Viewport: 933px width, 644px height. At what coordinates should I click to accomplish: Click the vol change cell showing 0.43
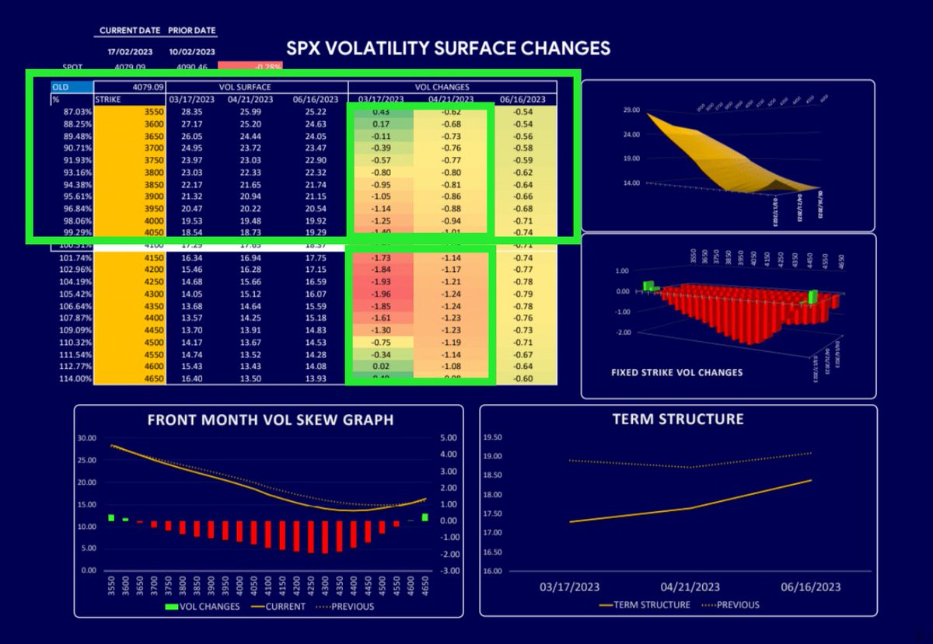[379, 113]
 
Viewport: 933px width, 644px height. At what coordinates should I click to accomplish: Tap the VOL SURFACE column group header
[257, 87]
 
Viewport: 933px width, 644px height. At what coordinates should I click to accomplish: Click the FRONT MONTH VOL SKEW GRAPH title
[270, 419]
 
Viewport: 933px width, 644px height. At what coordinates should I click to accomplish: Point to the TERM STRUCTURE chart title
[677, 419]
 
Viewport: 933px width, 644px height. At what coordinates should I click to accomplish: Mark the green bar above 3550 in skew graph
[111, 517]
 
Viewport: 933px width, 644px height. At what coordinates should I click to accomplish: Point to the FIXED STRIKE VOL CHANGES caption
[676, 372]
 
